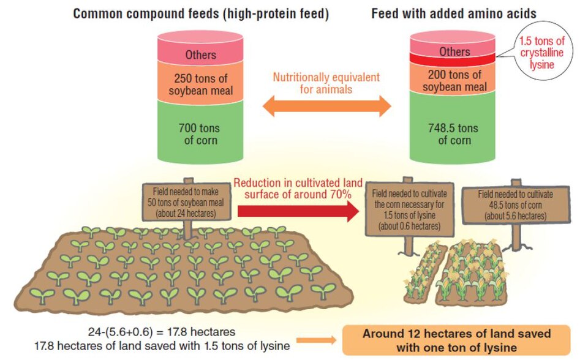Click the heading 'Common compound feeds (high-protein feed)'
coord(201,13)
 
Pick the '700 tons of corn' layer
coord(202,133)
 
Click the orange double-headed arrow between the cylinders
coord(326,107)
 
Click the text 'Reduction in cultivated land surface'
coord(298,188)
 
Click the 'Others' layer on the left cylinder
coord(202,54)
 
